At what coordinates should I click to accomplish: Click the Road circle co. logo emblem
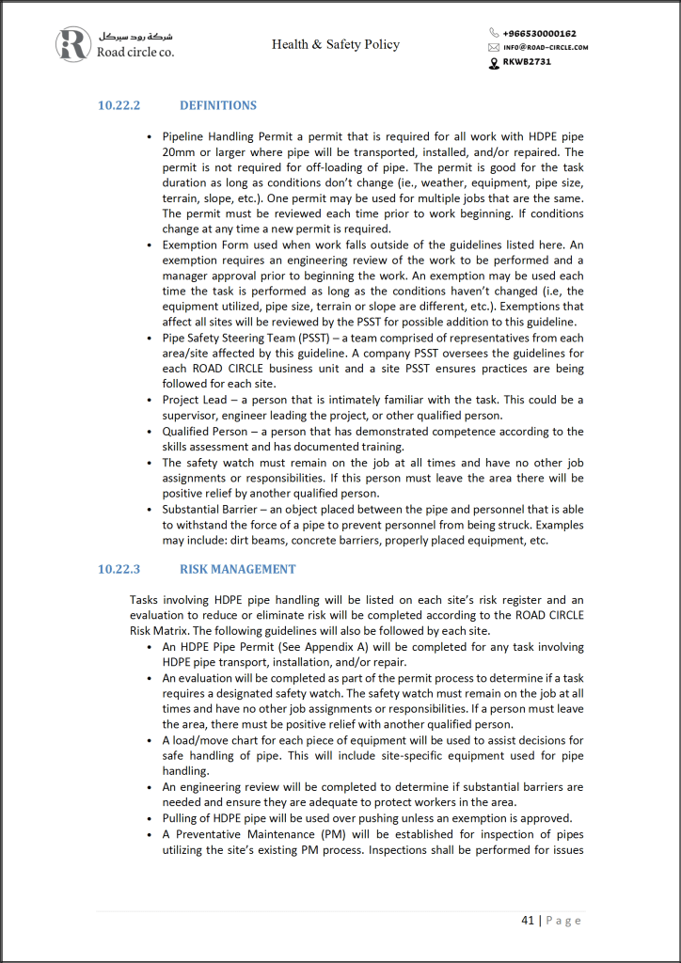click(x=72, y=44)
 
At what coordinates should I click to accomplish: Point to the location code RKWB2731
click(x=528, y=62)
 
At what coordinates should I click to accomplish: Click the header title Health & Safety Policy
click(x=336, y=44)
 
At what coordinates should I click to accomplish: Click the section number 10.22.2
click(x=119, y=105)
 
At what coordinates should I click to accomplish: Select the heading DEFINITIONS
click(x=218, y=105)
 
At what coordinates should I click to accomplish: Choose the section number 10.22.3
click(x=119, y=569)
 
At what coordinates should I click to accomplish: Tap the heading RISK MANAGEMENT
click(x=238, y=569)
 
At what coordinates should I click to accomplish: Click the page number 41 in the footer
click(x=528, y=920)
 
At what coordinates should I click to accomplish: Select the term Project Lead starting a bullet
click(x=195, y=400)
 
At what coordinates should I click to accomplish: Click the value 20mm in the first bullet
click(x=178, y=151)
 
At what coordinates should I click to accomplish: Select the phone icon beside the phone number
click(x=495, y=33)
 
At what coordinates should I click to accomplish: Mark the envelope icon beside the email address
click(x=494, y=47)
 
